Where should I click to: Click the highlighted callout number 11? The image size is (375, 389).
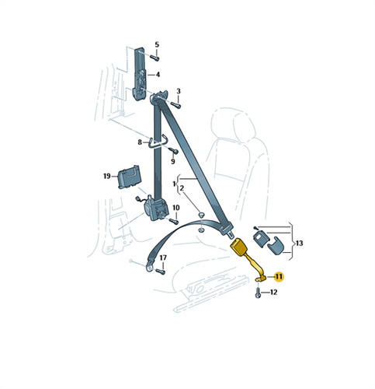tap(279, 277)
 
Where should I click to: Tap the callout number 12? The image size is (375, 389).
tap(273, 293)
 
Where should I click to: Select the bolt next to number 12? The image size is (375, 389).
tap(258, 293)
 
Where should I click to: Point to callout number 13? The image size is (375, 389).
tap(299, 244)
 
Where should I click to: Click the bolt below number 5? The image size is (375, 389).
tap(155, 58)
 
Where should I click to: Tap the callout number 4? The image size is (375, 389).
tap(158, 75)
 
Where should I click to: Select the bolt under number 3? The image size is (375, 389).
tap(175, 105)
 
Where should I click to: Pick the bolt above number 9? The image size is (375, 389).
tap(173, 150)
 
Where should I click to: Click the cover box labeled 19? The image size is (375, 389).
tap(130, 177)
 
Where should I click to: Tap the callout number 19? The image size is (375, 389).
tap(107, 177)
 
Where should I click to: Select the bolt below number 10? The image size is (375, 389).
tap(173, 221)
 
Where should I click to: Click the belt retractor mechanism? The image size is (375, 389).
tap(156, 208)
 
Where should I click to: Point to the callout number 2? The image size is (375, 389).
tap(182, 188)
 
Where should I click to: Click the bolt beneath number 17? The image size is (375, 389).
tap(161, 272)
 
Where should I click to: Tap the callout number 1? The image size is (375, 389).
tap(174, 184)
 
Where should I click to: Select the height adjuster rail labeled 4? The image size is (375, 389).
tap(140, 73)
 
